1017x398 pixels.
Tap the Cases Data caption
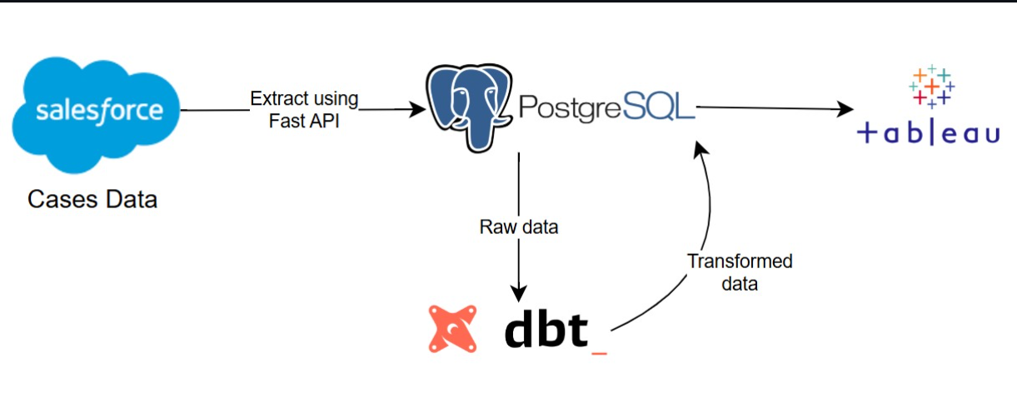[92, 200]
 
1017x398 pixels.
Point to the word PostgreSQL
[606, 107]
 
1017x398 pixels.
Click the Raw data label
[518, 227]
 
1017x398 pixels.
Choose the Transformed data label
[740, 272]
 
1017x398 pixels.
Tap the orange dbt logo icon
[453, 328]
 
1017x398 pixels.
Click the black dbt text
[546, 329]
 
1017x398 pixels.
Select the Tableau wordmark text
[928, 133]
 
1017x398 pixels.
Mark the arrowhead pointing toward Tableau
[846, 109]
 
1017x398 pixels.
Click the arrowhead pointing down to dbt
[519, 293]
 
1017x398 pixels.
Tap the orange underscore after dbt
[598, 354]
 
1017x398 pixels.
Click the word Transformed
[740, 261]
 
